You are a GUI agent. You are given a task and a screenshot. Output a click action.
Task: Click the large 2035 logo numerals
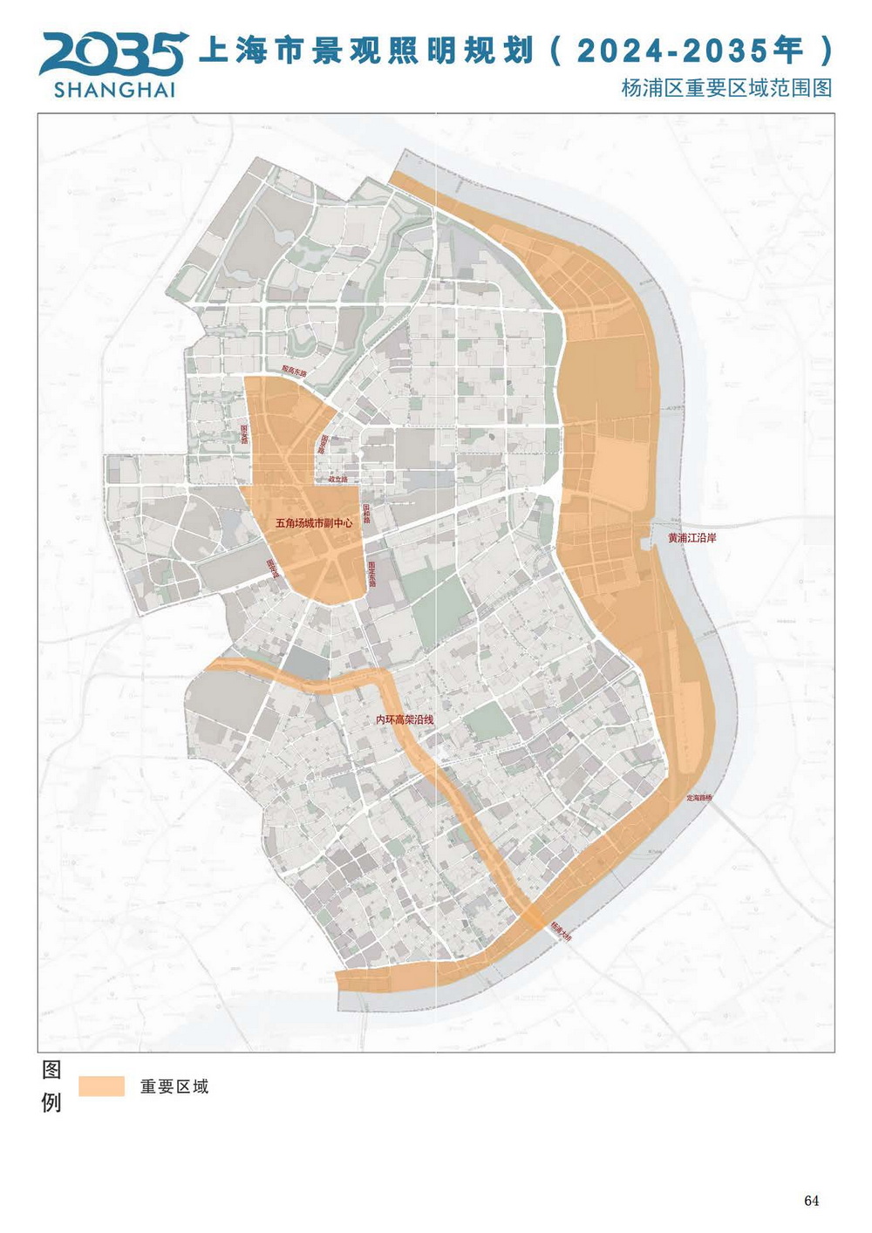click(x=112, y=54)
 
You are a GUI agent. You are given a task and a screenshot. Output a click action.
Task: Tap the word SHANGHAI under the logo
click(x=114, y=90)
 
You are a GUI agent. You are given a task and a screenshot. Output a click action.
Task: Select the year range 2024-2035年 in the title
click(x=689, y=51)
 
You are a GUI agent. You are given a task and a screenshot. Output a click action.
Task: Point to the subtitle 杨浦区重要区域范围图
click(x=726, y=88)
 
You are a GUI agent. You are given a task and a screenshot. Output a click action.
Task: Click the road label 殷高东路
click(x=295, y=371)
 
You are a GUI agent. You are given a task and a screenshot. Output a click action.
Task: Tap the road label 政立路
click(x=337, y=480)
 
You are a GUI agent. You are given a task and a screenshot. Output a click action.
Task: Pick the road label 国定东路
click(x=371, y=572)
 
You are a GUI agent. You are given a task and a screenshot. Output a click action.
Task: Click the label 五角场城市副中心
click(x=314, y=524)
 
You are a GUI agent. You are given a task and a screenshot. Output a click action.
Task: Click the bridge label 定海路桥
click(x=699, y=798)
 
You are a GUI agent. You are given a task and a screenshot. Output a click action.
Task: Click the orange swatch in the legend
click(x=101, y=1086)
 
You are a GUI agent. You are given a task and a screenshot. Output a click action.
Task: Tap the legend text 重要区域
click(x=174, y=1087)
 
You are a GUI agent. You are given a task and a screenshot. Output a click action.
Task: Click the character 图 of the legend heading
click(x=51, y=1070)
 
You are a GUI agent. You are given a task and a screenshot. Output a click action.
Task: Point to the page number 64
click(x=811, y=1201)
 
